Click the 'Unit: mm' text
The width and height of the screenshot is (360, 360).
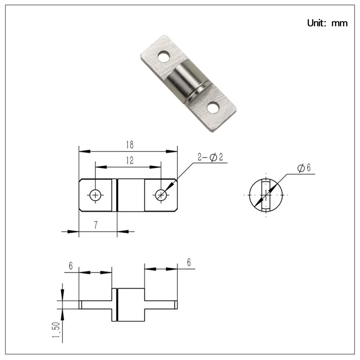tap(327, 23)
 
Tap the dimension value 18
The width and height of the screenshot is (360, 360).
tap(130, 145)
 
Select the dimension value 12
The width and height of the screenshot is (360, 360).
tap(129, 160)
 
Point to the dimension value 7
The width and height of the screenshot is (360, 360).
tap(96, 225)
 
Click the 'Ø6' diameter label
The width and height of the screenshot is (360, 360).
tap(304, 168)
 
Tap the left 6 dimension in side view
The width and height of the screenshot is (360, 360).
tap(71, 266)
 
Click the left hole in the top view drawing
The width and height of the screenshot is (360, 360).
tap(95, 195)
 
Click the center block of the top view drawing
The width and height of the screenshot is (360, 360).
tap(130, 195)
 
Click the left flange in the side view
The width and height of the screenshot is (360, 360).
tap(95, 305)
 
